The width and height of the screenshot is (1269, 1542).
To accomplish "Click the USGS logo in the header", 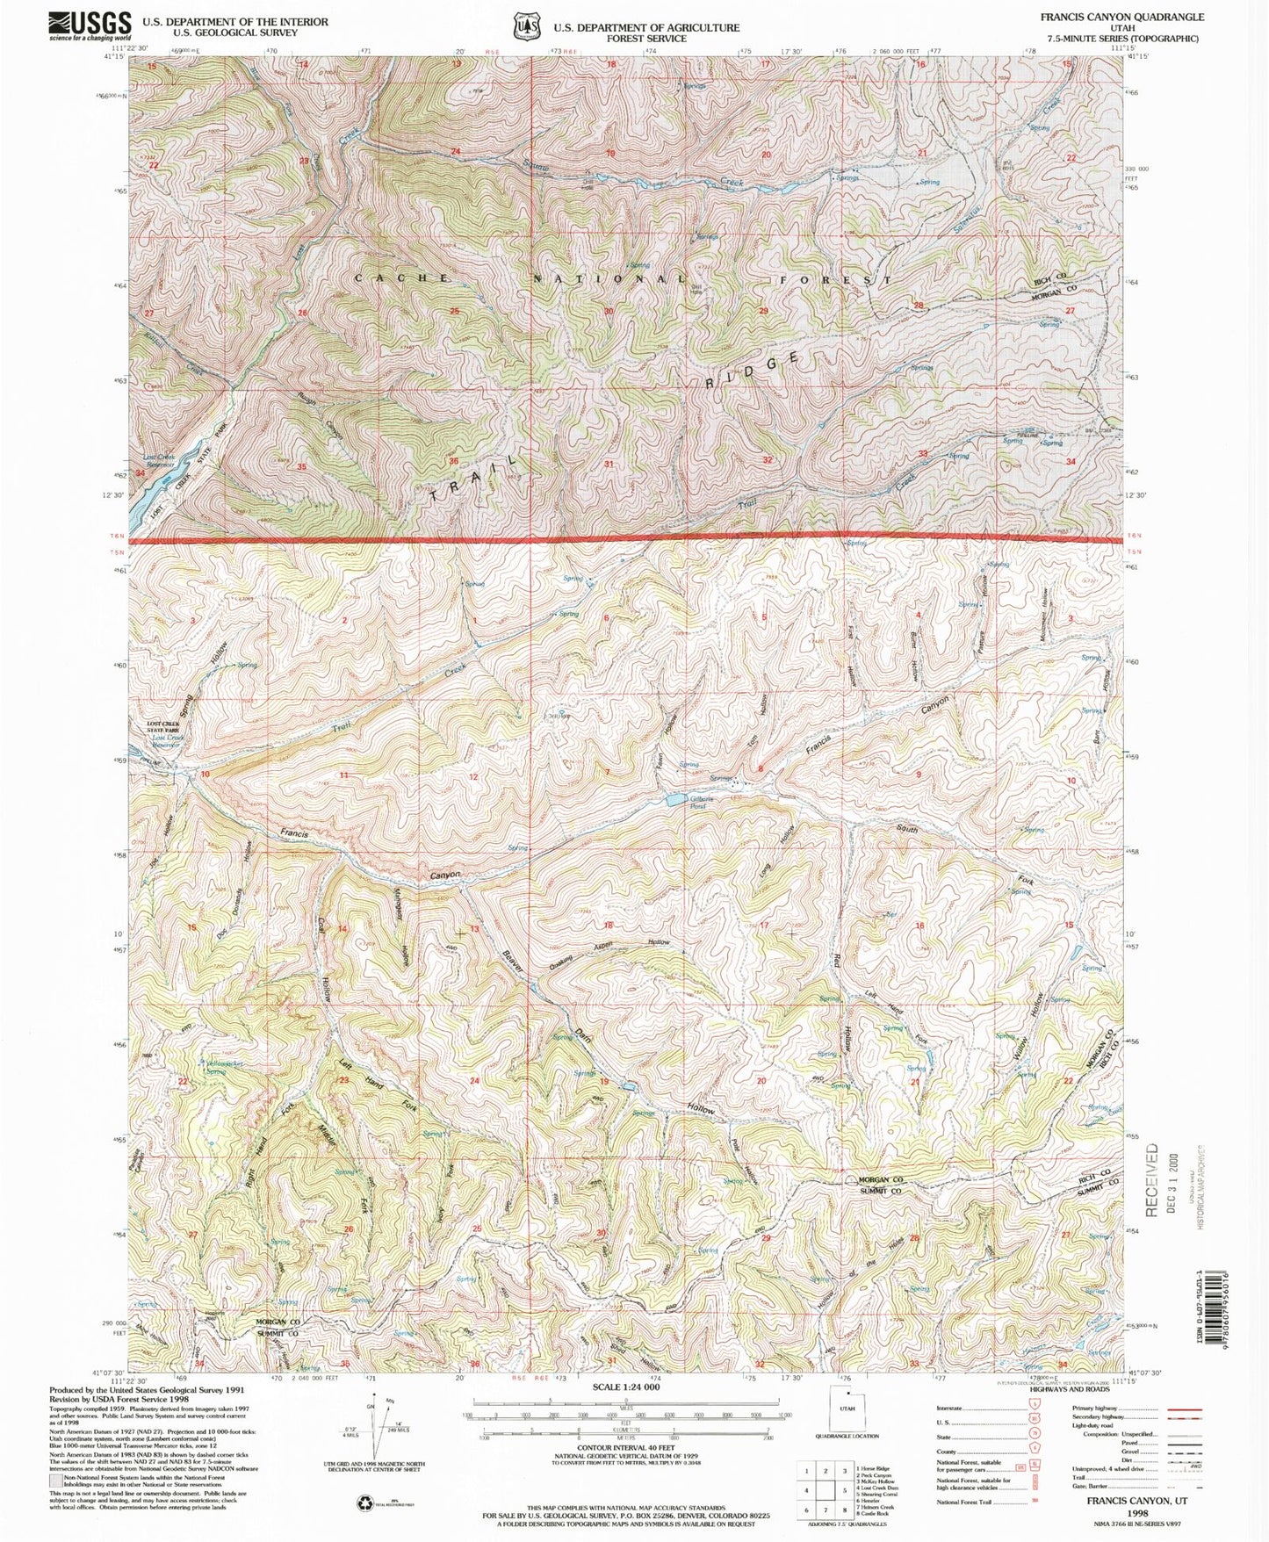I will click(90, 25).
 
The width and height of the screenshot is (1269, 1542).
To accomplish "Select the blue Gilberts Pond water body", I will click(677, 800).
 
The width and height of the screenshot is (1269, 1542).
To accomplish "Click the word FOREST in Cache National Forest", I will click(834, 279).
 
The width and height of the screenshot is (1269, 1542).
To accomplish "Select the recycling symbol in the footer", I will click(364, 1504).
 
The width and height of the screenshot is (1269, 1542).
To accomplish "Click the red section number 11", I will click(344, 775).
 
